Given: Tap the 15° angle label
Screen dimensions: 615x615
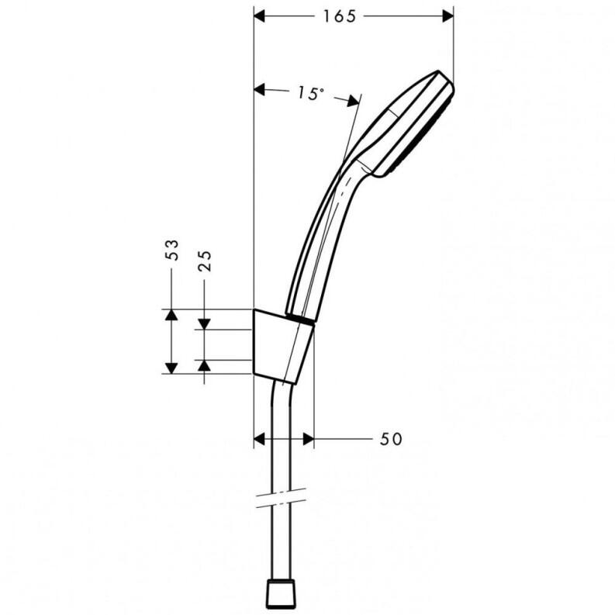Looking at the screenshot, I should pos(309,93).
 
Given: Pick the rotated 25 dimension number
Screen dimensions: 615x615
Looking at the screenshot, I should pos(205,261).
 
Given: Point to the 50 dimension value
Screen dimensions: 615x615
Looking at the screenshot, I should pos(391,440).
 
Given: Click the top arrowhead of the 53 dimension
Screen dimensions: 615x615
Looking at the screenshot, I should pos(171,315).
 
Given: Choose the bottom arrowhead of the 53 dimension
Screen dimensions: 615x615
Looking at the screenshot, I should pos(171,367).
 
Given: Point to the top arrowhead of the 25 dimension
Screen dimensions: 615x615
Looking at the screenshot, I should pos(204,323).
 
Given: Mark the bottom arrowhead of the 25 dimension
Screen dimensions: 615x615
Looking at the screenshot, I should pos(204,366).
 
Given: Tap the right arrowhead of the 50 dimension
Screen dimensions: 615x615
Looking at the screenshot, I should pos(307,440).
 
